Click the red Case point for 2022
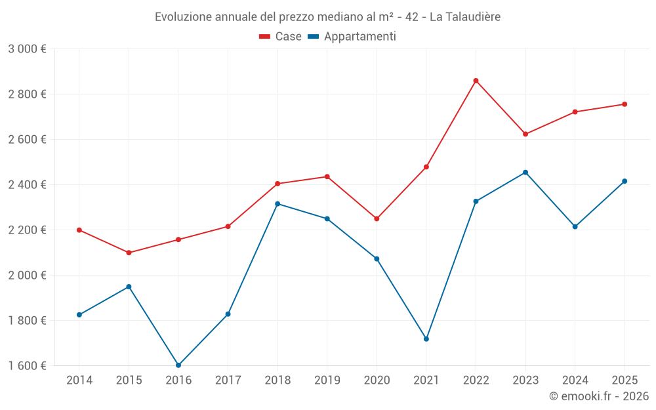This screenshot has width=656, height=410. (476, 81)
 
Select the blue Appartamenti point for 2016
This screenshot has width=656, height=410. (178, 365)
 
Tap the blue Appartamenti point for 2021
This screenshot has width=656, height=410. (426, 339)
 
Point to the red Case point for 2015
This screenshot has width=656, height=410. (129, 253)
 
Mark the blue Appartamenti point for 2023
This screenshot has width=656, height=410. (525, 173)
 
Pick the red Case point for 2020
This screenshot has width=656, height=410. (377, 218)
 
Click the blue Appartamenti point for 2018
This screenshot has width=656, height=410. (277, 204)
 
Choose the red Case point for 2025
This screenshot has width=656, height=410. (625, 104)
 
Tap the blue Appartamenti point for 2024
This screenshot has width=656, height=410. (575, 226)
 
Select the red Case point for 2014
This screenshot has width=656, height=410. (79, 230)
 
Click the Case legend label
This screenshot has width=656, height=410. (288, 37)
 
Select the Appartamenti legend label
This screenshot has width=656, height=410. (359, 37)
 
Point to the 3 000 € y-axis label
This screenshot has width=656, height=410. (27, 49)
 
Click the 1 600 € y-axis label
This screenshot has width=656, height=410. (27, 365)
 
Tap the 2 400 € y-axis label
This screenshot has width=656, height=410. (27, 185)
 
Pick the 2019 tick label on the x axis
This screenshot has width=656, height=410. (327, 380)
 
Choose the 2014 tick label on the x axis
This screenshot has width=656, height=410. (79, 380)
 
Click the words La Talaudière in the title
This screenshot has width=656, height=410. (464, 17)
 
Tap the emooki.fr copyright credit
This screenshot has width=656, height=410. (598, 396)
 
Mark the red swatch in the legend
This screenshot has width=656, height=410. (265, 37)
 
